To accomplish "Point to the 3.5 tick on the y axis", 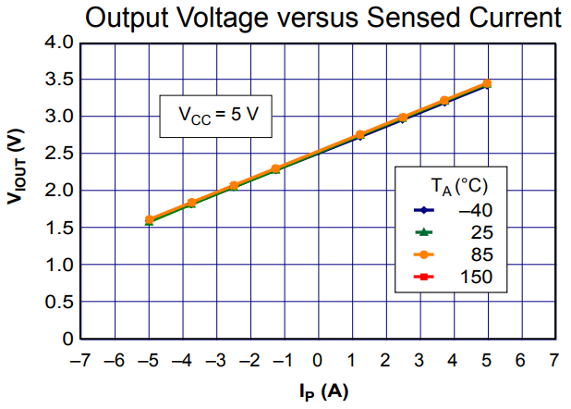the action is [59, 80].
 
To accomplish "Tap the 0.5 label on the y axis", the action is [59, 302].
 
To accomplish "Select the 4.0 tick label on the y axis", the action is [59, 43].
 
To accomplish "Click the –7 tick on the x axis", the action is [79, 361].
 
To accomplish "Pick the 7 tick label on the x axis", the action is [553, 361].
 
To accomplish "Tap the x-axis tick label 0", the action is [318, 361].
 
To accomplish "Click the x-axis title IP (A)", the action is [323, 392].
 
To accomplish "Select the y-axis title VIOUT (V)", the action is [16, 167].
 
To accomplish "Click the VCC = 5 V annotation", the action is [218, 115].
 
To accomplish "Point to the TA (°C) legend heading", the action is [459, 186].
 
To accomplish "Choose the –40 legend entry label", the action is [475, 210].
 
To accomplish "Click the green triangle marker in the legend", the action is [423, 232].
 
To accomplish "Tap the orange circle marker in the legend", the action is [423, 254].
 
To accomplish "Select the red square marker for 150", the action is [423, 277].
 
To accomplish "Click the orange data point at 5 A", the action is [487, 83].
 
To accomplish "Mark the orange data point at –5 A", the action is [150, 219].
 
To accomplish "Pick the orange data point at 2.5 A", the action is [403, 118].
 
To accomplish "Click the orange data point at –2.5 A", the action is [234, 185].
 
